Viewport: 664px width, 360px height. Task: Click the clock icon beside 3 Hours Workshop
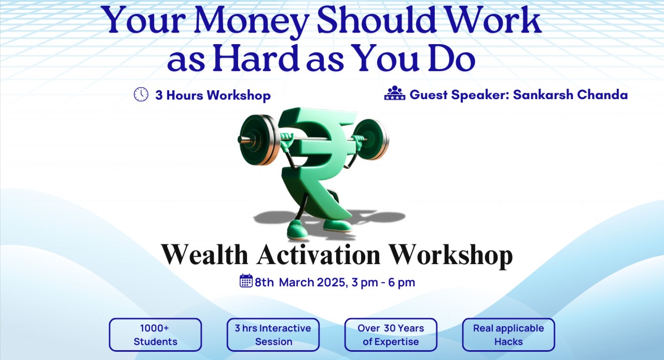click(141, 94)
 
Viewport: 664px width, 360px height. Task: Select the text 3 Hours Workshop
click(213, 95)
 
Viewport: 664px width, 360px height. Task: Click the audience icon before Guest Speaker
click(394, 93)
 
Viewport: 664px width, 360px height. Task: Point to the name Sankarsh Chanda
click(570, 95)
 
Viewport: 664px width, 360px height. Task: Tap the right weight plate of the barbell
click(372, 139)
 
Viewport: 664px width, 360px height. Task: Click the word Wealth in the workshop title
click(204, 254)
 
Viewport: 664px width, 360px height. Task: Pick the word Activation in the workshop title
click(318, 254)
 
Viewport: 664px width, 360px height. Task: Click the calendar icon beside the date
click(246, 281)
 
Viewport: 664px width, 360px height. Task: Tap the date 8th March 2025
click(299, 283)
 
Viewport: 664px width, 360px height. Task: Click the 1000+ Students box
click(155, 335)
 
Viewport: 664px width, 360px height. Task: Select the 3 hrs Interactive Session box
click(273, 335)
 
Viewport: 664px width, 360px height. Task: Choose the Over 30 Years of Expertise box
click(391, 335)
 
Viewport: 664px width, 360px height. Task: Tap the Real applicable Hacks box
click(508, 335)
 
